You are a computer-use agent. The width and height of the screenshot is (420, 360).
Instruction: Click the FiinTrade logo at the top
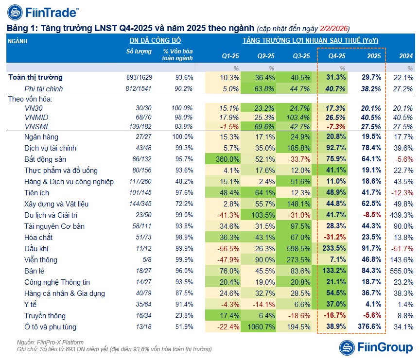(44, 12)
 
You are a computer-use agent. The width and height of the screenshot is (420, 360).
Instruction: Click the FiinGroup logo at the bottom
(375, 347)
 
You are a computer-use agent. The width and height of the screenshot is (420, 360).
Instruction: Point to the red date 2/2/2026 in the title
(334, 28)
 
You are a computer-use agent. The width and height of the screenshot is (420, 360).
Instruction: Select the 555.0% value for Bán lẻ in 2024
(401, 271)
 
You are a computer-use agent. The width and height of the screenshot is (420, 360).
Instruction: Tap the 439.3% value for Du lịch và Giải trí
(401, 215)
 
